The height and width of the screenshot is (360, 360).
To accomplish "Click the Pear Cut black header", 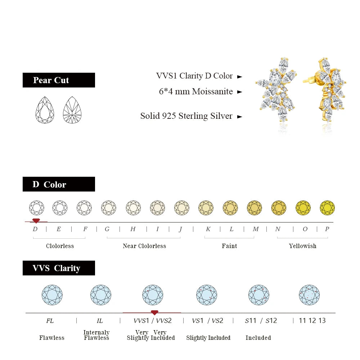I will [x=59, y=80].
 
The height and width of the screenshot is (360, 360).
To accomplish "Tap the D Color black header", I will [x=59, y=184].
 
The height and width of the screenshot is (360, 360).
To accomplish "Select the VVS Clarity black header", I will [x=59, y=268].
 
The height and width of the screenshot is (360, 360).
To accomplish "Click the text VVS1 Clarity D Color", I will [x=194, y=76].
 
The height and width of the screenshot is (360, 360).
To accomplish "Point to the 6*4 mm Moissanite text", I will [x=196, y=91].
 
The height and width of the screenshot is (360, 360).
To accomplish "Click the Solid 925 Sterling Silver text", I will [x=186, y=116].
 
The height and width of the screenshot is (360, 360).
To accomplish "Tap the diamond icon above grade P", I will [x=327, y=208].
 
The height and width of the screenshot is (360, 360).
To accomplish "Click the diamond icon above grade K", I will [x=206, y=208].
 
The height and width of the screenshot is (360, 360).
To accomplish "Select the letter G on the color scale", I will [x=107, y=229].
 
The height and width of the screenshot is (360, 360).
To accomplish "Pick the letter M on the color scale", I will [x=256, y=229].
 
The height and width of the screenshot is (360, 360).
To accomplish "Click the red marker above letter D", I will [x=36, y=221].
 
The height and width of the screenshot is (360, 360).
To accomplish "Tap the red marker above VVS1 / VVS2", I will [x=154, y=312].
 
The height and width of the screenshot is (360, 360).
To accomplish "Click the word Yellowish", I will [x=302, y=246].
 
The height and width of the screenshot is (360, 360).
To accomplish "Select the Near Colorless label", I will [x=144, y=246].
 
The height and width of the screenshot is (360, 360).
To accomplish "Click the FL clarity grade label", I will [x=50, y=320].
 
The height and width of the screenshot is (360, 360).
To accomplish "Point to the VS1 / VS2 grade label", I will [x=207, y=320].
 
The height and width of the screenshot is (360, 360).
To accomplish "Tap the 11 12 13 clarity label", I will [x=312, y=320].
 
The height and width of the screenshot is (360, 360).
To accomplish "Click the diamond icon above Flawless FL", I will [x=52, y=295].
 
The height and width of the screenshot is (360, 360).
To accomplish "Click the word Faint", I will [x=229, y=246].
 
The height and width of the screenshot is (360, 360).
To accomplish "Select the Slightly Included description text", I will [x=208, y=338].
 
